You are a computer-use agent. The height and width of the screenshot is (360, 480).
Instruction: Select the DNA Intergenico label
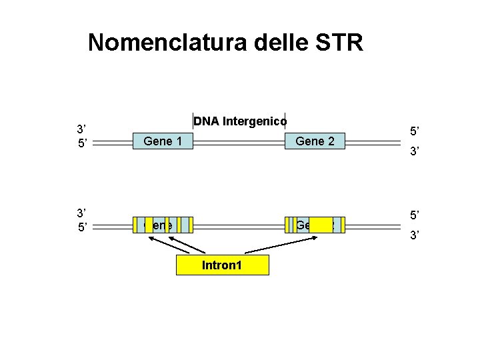tap(240, 121)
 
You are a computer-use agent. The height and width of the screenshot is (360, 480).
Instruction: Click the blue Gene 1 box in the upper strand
tap(163, 141)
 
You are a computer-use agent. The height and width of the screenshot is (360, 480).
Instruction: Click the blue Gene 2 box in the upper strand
tap(315, 141)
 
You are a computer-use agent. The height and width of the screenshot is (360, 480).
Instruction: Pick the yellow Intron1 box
tap(222, 265)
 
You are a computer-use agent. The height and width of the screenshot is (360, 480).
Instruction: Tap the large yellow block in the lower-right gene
tap(321, 225)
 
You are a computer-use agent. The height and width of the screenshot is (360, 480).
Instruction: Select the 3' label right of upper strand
tap(413, 152)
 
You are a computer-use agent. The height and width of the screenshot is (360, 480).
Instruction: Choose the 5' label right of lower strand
tap(413, 216)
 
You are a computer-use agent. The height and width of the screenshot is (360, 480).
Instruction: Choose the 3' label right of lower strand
tap(413, 235)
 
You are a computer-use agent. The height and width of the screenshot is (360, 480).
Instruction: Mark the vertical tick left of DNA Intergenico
tap(192, 121)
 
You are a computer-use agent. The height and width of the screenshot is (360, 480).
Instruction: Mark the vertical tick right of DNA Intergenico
tap(285, 121)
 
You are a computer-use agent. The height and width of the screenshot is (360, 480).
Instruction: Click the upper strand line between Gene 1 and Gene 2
tap(239, 141)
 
